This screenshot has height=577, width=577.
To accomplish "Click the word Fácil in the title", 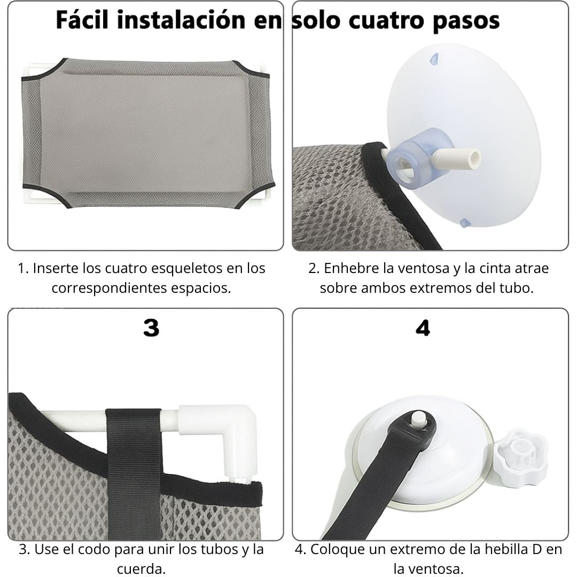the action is (82, 20).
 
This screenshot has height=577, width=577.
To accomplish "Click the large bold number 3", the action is (151, 328).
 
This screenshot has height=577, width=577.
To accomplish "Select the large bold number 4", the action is (423, 328).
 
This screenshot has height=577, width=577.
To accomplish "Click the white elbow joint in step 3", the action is (236, 431).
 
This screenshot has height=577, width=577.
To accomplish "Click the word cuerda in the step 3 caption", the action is (141, 568).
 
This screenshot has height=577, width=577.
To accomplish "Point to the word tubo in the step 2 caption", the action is (517, 288).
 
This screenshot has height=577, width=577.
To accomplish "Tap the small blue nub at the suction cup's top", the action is (434, 59).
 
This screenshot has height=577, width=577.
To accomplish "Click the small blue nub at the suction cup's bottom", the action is (464, 222).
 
